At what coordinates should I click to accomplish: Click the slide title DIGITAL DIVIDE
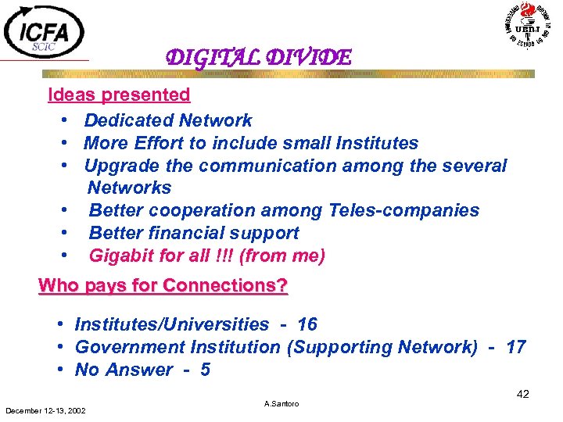tap(258, 58)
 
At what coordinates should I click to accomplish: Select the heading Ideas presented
tap(119, 95)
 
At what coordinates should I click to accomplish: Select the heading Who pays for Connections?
tap(163, 285)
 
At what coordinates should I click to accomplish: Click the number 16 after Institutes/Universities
tap(307, 324)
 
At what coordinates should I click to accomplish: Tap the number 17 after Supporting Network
tap(515, 346)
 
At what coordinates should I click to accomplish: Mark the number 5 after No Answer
tap(205, 369)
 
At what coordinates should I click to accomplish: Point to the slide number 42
tap(523, 395)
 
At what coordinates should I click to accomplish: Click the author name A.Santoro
tap(281, 404)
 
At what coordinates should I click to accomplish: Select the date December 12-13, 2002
tap(46, 410)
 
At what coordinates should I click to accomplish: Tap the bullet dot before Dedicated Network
tap(62, 121)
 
